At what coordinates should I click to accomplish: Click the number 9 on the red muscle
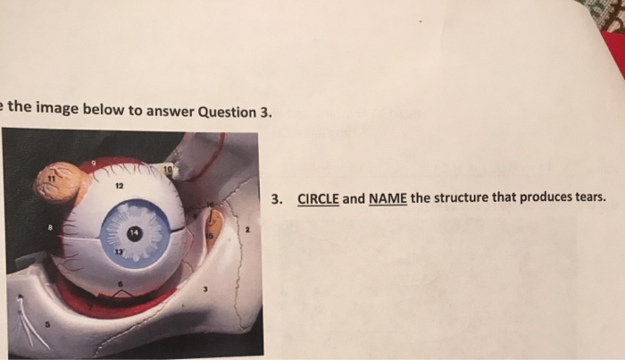tap(93, 163)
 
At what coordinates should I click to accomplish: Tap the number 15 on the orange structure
tap(211, 235)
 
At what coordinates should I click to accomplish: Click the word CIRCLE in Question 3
tap(318, 198)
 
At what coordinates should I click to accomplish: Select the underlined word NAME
tap(387, 198)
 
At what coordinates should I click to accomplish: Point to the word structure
tap(462, 197)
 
